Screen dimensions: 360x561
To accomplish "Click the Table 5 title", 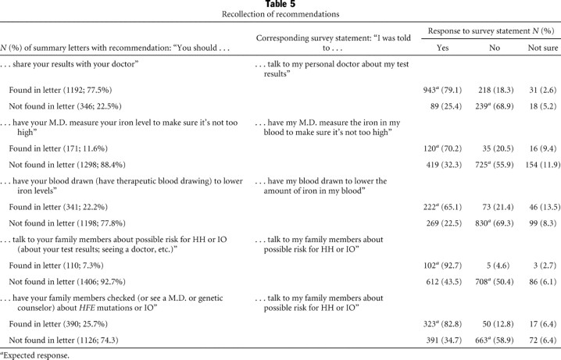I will [x=280, y=5].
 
